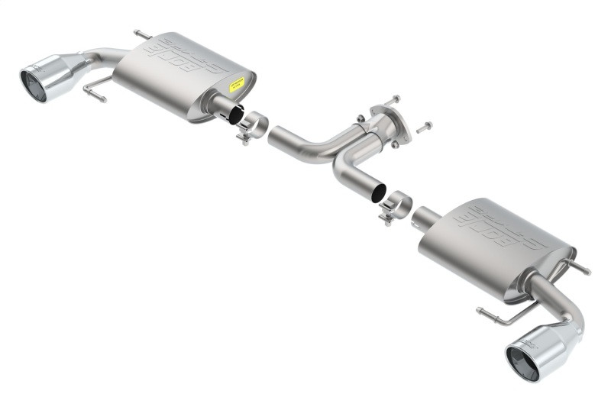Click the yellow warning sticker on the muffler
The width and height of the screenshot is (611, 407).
pos(238,84)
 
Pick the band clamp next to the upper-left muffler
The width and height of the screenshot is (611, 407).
pos(251,126)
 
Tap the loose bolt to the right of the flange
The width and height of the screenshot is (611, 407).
pos(424,126)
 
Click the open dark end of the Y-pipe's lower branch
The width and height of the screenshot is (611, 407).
pos(377,192)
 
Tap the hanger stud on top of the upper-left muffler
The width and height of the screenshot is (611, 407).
pos(142,34)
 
